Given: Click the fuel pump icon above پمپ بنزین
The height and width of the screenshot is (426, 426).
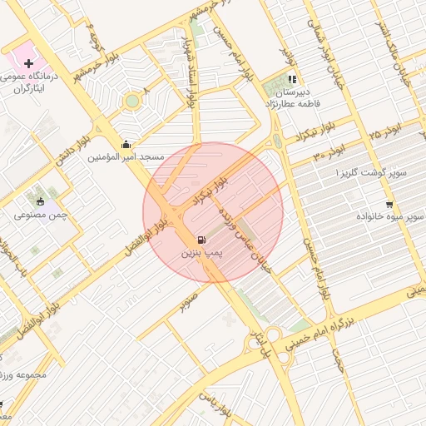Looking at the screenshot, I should point(203,241).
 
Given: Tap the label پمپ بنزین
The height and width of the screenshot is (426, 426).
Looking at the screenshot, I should point(203,255).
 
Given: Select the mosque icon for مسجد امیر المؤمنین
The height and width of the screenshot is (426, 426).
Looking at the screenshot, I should point(126,144).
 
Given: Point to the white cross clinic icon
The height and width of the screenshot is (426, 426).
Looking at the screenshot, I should point(29,63).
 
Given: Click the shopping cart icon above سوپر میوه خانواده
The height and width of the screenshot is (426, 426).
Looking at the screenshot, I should point(389,204).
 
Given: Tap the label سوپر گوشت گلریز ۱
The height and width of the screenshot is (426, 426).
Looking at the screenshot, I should point(371,172).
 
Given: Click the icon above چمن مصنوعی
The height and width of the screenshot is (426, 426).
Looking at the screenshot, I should point(39,201).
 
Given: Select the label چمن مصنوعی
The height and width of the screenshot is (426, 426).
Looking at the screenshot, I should point(36,215).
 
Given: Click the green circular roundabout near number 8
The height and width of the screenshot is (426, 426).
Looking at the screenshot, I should point(131,102).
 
